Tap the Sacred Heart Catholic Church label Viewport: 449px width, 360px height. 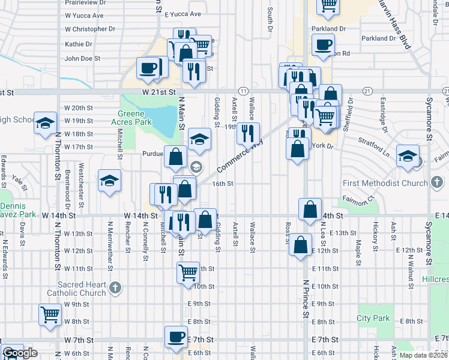[x=82, y=289]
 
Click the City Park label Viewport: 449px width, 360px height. [x=373, y=319]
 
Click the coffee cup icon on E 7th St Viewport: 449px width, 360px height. [x=176, y=337]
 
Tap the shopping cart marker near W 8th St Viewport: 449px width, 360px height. [x=50, y=313]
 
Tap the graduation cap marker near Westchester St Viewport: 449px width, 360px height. [x=110, y=180]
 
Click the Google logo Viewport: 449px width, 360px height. [x=19, y=353]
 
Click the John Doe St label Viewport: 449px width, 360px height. [x=82, y=59]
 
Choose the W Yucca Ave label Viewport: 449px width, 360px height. [x=84, y=16]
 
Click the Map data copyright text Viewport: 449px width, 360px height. [x=422, y=355]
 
